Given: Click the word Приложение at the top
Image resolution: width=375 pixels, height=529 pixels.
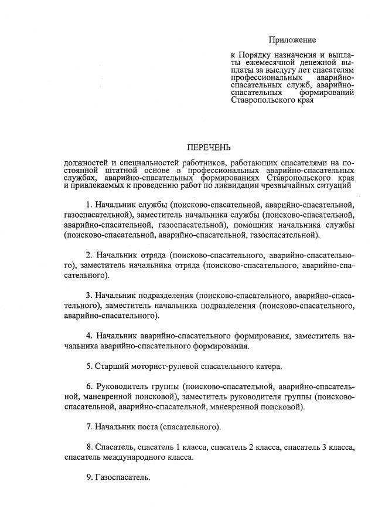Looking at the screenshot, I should click(292, 40).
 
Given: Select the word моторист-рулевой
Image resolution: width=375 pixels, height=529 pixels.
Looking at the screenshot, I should click(162, 367).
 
